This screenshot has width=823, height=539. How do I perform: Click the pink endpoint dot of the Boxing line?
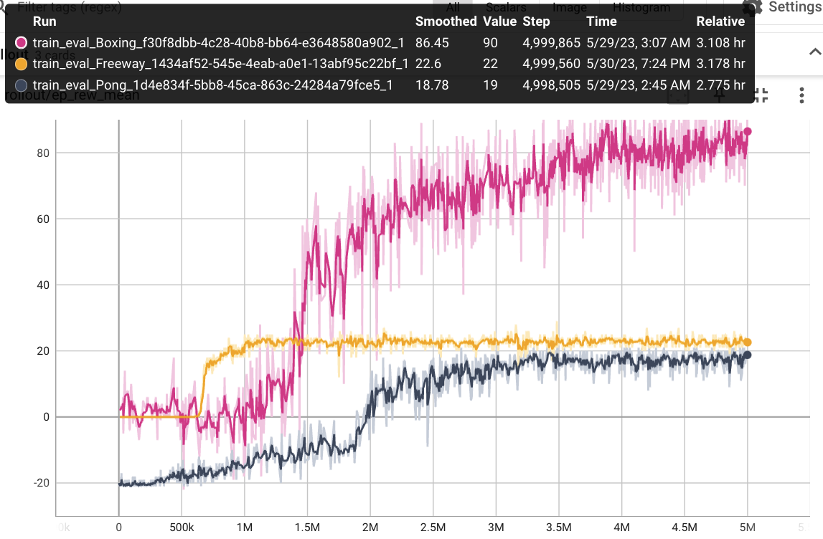click(748, 131)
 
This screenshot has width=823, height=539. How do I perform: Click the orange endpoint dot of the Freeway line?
click(748, 343)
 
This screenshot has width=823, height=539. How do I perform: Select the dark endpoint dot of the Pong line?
click(748, 355)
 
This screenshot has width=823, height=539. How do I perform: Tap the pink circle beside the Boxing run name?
click(20, 42)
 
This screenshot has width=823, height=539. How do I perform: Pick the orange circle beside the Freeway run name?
click(20, 64)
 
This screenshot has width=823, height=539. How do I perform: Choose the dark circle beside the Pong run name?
click(20, 85)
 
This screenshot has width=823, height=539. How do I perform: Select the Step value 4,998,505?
click(551, 85)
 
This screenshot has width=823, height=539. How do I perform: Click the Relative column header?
click(720, 22)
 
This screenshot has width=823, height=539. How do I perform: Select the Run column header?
click(44, 22)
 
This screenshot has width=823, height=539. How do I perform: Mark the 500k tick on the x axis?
click(181, 528)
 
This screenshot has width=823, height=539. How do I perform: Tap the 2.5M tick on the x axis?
click(433, 528)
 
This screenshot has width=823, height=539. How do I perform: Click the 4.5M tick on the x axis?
click(684, 528)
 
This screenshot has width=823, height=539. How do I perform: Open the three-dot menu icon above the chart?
click(802, 95)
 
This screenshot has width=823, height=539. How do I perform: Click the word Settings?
click(795, 7)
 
